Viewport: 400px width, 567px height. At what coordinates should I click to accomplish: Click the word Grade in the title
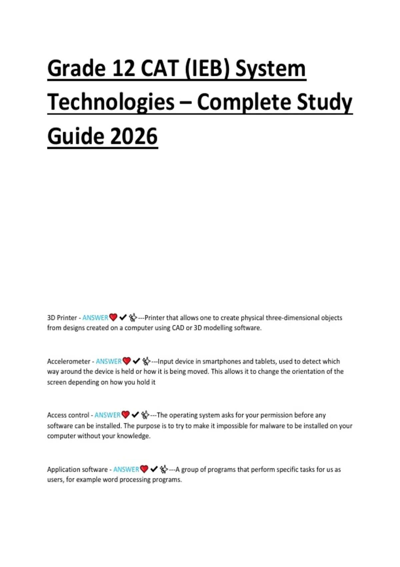coord(76,69)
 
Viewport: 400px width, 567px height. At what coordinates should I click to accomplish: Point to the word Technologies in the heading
coord(111,102)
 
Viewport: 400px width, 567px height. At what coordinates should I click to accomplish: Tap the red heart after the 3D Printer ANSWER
coord(113,318)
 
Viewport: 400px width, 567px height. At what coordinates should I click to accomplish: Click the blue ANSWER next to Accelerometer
coord(109,361)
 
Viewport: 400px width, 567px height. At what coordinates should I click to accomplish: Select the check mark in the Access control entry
coord(135,415)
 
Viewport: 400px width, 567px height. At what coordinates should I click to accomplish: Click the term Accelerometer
coord(69,361)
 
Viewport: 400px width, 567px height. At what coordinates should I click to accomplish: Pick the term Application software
coord(77,469)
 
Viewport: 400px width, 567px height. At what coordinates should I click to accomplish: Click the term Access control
coord(68,415)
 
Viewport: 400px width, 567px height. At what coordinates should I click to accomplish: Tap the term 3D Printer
coord(62,318)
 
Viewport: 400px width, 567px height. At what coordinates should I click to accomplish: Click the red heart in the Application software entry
coord(144,469)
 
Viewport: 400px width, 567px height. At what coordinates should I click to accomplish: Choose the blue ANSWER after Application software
coord(126,469)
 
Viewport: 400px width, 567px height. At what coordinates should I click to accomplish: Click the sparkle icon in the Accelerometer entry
coord(146,361)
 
